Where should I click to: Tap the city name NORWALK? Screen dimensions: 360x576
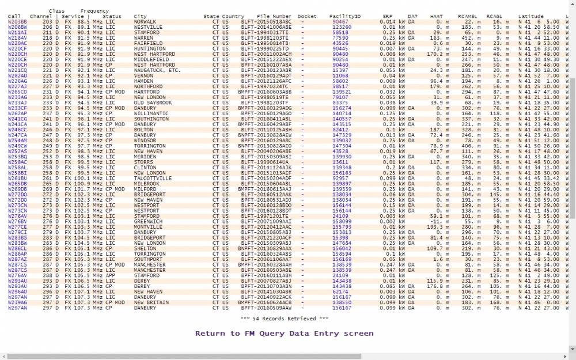(145, 21)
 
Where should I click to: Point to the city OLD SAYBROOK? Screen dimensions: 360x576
(153, 103)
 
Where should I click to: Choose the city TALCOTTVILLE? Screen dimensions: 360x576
(153, 178)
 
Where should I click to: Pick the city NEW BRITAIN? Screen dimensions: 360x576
(151, 302)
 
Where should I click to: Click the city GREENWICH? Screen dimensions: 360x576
(148, 221)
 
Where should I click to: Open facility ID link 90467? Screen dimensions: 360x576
(340, 21)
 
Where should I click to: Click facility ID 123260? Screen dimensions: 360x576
(342, 26)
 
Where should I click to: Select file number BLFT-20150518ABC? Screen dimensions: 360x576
(266, 21)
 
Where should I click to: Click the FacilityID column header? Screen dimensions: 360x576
(345, 16)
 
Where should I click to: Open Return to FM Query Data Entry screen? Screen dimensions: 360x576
(284, 334)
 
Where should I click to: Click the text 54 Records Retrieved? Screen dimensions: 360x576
(284, 318)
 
